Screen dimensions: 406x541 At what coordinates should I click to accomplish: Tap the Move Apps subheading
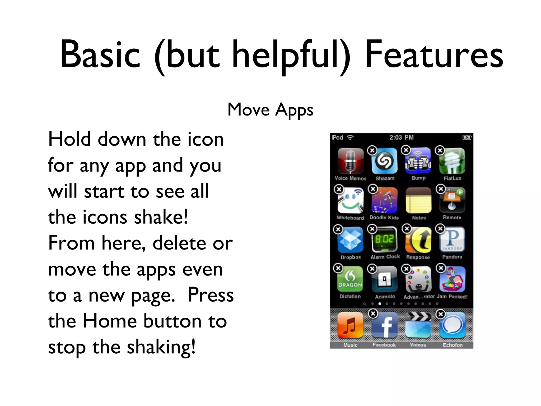[270, 110]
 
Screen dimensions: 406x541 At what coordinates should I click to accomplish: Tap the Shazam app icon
[384, 161]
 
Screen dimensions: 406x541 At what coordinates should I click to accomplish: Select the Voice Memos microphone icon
[350, 161]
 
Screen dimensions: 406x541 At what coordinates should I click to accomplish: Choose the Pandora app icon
[452, 239]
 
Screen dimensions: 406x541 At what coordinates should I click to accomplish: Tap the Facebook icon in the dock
[384, 325]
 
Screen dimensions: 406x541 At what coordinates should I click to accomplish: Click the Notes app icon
[418, 201]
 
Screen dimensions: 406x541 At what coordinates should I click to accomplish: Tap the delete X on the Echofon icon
[440, 314]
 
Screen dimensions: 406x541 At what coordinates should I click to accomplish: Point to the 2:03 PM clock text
[401, 137]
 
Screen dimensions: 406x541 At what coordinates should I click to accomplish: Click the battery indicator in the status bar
[467, 137]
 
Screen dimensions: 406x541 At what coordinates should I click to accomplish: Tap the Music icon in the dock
[350, 325]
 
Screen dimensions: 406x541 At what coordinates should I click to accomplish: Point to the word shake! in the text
[161, 217]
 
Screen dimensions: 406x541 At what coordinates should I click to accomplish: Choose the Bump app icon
[418, 161]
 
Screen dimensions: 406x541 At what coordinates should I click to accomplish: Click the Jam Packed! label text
[452, 297]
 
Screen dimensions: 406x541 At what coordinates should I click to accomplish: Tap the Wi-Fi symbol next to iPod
[350, 137]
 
